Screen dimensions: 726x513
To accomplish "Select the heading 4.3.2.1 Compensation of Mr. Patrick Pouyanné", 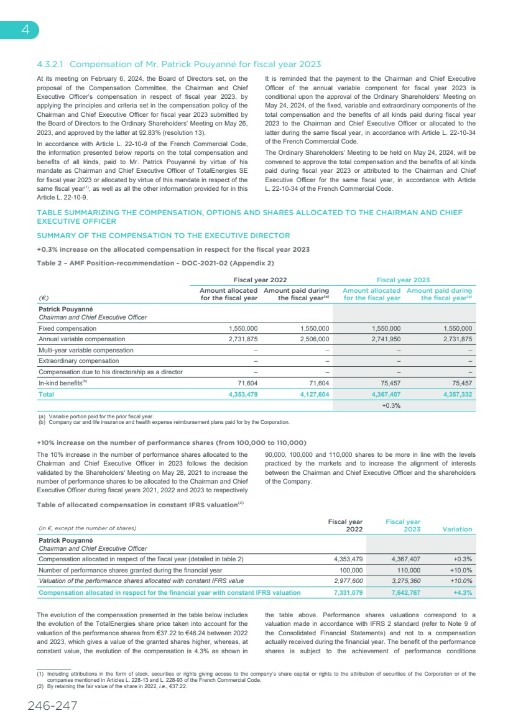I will (x=179, y=64).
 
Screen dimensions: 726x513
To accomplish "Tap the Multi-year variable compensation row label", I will (x=86, y=350).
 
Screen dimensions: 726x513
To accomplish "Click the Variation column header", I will (x=456, y=529).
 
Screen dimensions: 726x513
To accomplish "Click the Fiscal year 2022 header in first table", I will (x=259, y=280).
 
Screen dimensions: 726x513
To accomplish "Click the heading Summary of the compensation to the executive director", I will (x=164, y=236).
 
